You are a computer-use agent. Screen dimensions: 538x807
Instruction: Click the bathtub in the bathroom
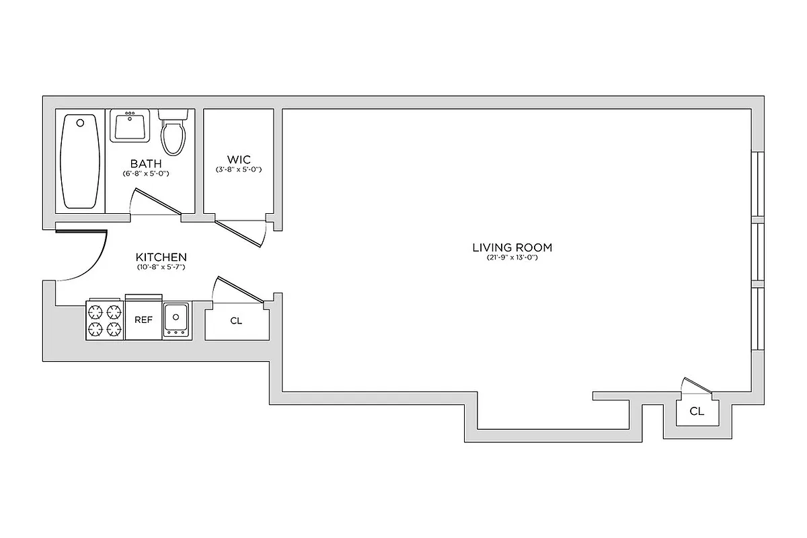[81, 161]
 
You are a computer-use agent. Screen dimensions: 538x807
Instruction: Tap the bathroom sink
[130, 126]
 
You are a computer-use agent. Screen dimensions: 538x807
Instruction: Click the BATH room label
[146, 163]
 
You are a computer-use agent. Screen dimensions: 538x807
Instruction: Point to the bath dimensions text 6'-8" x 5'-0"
[146, 174]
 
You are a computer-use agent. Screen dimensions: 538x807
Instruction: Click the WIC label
[239, 159]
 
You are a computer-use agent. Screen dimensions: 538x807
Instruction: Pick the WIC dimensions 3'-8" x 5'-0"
[239, 169]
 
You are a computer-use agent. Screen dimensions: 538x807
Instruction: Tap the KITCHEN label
[161, 257]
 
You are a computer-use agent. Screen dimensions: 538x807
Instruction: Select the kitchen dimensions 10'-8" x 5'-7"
[161, 267]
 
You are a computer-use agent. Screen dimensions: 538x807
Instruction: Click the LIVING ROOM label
[512, 247]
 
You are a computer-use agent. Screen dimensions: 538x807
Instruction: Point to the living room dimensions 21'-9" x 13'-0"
[512, 258]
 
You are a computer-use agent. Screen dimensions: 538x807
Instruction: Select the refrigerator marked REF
[143, 320]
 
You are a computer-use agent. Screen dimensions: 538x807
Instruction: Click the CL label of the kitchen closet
[236, 321]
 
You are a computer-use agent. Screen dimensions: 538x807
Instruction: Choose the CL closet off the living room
[697, 412]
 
